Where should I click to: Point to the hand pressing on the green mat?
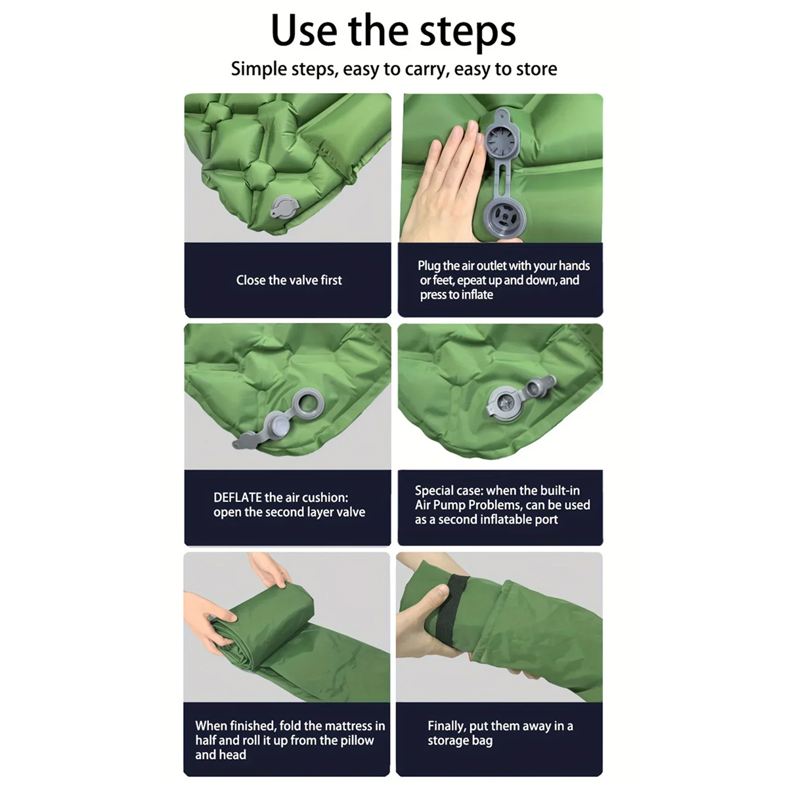(x=444, y=180)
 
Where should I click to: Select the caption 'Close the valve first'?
(x=288, y=280)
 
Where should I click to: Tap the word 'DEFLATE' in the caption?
(x=238, y=497)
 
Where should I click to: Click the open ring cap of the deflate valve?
(x=308, y=404)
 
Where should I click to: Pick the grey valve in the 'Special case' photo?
(x=521, y=399)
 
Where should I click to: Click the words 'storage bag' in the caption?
(x=460, y=741)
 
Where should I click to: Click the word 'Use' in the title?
(x=304, y=31)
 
